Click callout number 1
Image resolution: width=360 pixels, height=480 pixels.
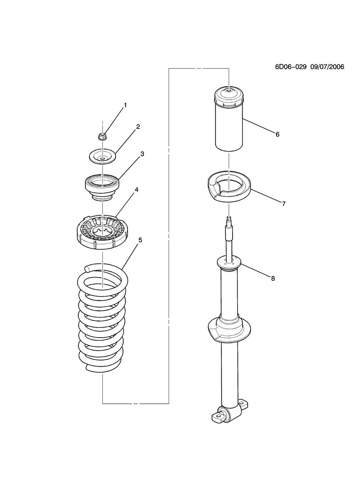(x=125, y=105)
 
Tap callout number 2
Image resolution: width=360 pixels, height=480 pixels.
(x=137, y=126)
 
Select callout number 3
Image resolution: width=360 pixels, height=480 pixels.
(x=142, y=154)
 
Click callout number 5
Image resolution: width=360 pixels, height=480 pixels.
(x=140, y=240)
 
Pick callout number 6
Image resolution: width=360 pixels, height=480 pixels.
(x=277, y=134)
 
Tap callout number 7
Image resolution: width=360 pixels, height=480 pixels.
(x=283, y=204)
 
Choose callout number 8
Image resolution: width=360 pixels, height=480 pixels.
(x=273, y=278)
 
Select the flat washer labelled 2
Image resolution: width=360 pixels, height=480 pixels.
(x=102, y=156)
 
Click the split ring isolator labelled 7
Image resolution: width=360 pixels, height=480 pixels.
(x=229, y=187)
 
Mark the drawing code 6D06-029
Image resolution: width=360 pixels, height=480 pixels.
(x=290, y=67)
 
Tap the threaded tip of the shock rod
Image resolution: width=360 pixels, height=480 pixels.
(x=229, y=219)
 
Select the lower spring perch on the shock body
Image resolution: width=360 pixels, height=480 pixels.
(x=229, y=330)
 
